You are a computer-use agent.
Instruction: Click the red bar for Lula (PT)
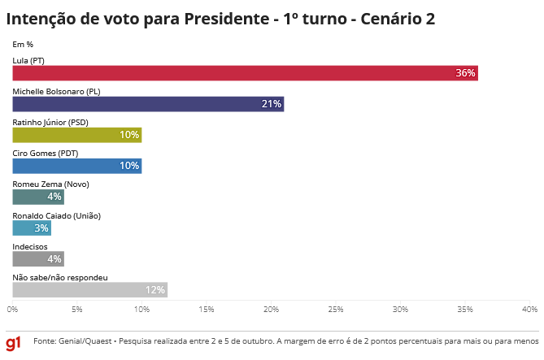click(244, 72)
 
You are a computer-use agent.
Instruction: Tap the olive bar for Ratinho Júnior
click(76, 135)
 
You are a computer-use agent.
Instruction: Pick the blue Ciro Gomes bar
click(76, 166)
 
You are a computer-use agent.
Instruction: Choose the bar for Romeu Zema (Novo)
click(38, 197)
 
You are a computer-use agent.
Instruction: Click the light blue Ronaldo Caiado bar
click(32, 228)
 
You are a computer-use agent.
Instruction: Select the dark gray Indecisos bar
click(38, 258)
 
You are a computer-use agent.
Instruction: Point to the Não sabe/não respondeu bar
click(89, 290)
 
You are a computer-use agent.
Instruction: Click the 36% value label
click(465, 73)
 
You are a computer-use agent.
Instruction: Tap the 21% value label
click(272, 104)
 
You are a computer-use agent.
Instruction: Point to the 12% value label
click(154, 290)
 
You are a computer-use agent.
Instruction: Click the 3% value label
click(41, 228)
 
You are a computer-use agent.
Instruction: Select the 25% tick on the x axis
click(335, 310)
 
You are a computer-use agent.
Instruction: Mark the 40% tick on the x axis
click(529, 310)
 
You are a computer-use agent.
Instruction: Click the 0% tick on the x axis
click(13, 310)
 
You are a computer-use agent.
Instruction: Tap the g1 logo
click(14, 341)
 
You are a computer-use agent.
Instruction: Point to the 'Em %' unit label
click(23, 44)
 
